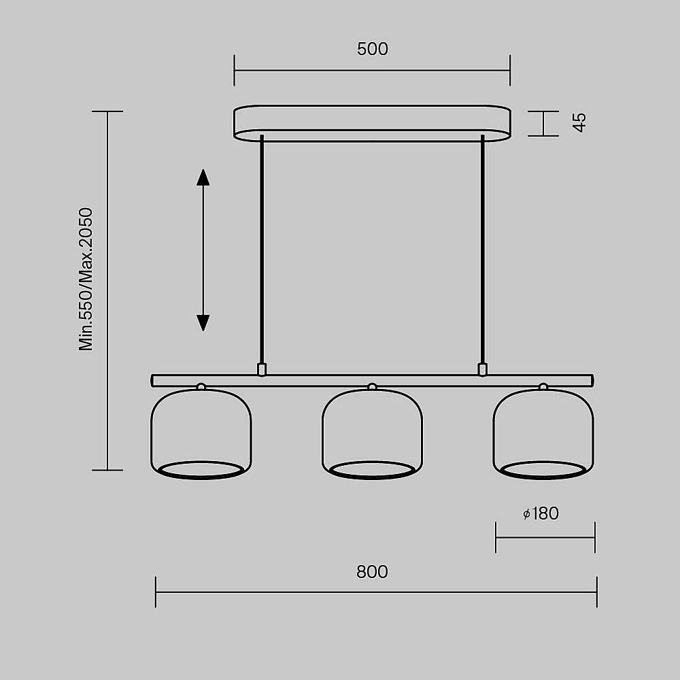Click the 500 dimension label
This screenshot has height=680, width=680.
(x=372, y=49)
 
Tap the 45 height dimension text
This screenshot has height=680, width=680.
(x=579, y=122)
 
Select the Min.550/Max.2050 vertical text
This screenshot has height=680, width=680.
(x=86, y=279)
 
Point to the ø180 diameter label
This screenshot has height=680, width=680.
(x=541, y=513)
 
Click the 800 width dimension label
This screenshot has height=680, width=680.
(x=372, y=572)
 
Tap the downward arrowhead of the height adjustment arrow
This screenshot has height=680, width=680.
(x=203, y=322)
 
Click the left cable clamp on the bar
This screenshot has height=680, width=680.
(x=262, y=369)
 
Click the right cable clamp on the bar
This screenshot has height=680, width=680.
(x=483, y=369)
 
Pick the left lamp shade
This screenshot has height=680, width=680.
(x=201, y=432)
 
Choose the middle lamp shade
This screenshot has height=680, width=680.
(x=372, y=432)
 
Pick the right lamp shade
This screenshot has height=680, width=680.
(x=543, y=432)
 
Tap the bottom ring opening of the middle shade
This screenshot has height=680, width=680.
(x=372, y=469)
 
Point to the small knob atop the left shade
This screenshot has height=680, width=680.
(x=201, y=387)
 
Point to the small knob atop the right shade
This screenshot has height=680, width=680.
(x=543, y=387)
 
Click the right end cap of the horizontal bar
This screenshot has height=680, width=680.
(x=591, y=380)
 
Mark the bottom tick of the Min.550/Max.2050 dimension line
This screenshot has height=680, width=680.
(x=107, y=470)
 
